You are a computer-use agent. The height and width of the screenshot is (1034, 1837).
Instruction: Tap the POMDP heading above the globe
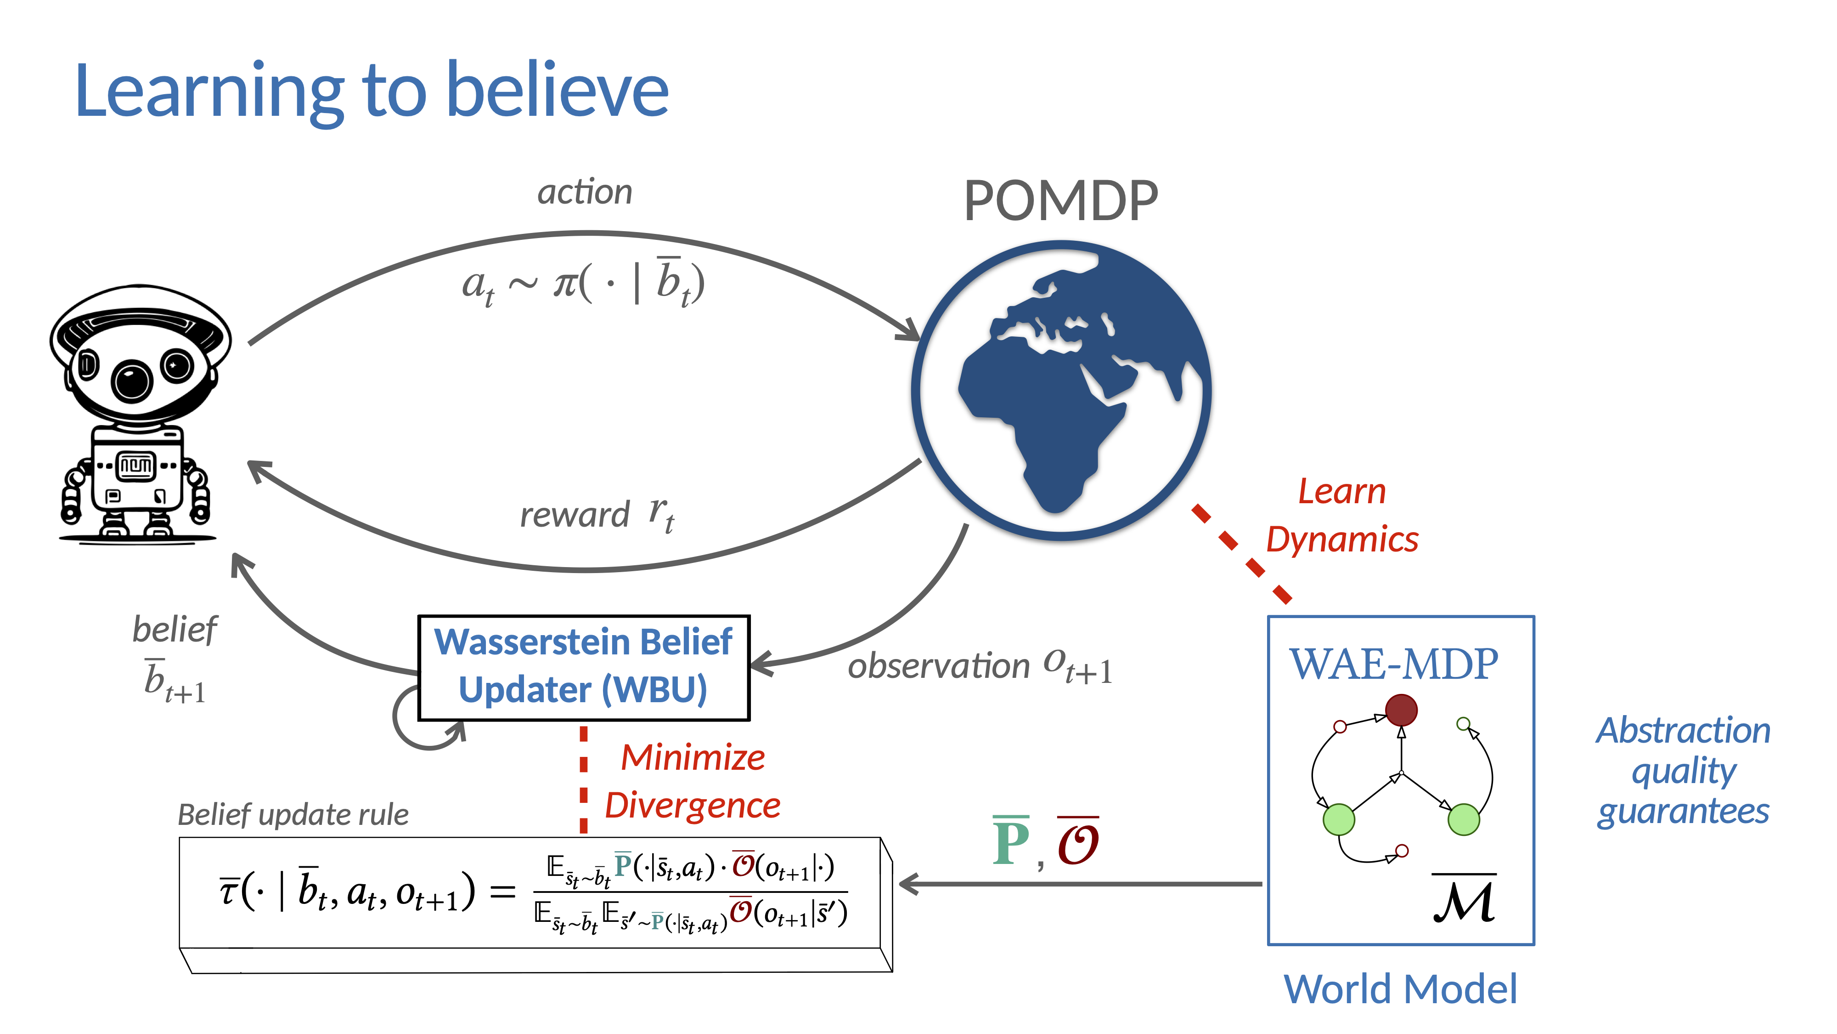[x=1060, y=201]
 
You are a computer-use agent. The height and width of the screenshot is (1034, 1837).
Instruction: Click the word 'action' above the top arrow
[x=585, y=192]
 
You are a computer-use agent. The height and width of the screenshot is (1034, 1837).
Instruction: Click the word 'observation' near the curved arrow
[x=938, y=666]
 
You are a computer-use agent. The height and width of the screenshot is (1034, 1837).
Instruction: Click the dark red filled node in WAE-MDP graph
[x=1401, y=710]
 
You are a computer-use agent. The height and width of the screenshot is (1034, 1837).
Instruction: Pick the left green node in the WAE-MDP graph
[x=1339, y=819]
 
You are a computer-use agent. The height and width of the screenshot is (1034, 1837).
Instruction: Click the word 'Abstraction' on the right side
[x=1683, y=731]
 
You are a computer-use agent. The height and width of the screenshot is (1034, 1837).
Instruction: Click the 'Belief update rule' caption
[x=293, y=814]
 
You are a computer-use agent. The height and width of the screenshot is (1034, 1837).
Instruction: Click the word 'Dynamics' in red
[x=1341, y=540]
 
